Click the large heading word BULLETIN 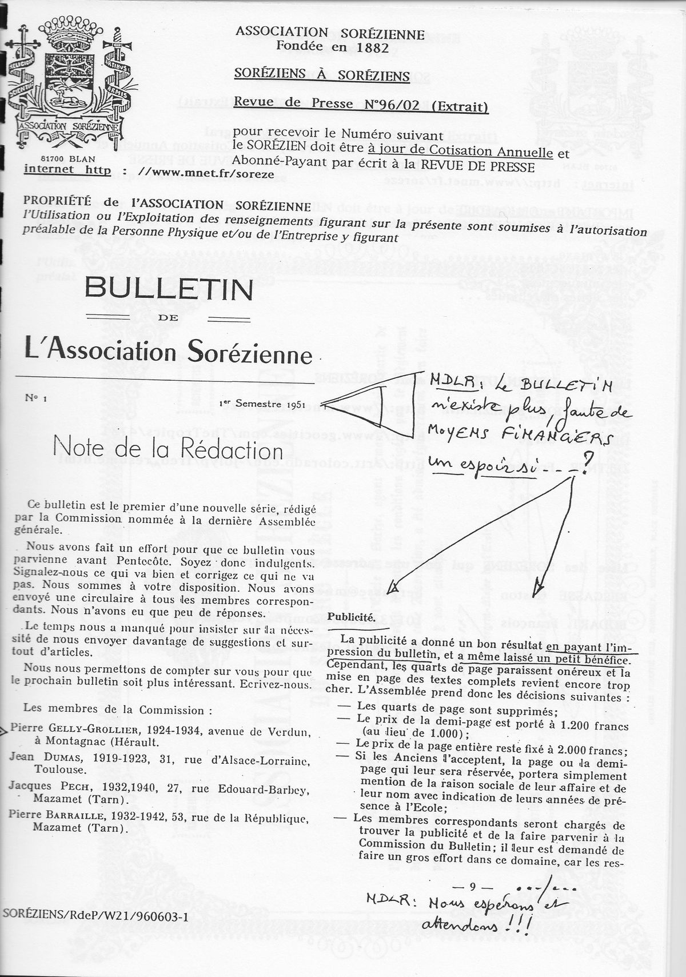click(x=169, y=290)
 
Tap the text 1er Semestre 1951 click(x=262, y=404)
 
